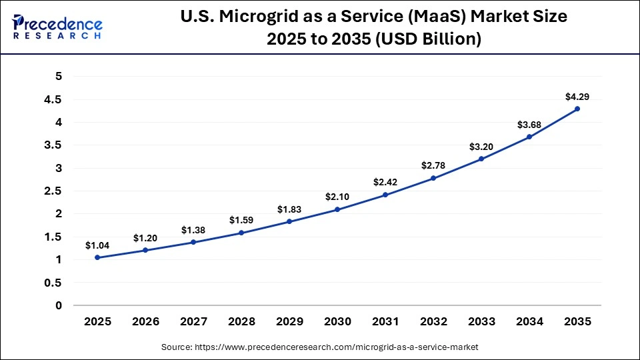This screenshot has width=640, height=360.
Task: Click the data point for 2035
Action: click(577, 109)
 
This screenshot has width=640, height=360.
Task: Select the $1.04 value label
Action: click(97, 245)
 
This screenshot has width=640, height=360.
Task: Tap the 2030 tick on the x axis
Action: click(337, 321)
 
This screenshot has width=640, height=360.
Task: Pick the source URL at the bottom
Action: click(320, 347)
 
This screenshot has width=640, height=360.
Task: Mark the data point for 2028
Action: click(241, 233)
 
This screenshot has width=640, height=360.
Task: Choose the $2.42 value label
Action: click(385, 182)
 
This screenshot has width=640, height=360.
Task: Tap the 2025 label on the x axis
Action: click(97, 321)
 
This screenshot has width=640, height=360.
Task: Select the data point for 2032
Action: click(433, 178)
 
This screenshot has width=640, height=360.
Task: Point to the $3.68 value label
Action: click(529, 125)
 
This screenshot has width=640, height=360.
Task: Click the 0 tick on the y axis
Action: click(59, 305)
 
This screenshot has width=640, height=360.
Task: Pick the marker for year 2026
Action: click(145, 251)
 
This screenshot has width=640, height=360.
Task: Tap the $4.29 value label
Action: click(577, 97)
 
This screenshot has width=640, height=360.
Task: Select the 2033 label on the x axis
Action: click(481, 321)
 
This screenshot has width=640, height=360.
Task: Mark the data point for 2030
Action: click(337, 209)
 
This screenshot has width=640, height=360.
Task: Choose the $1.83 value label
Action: click(289, 209)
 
